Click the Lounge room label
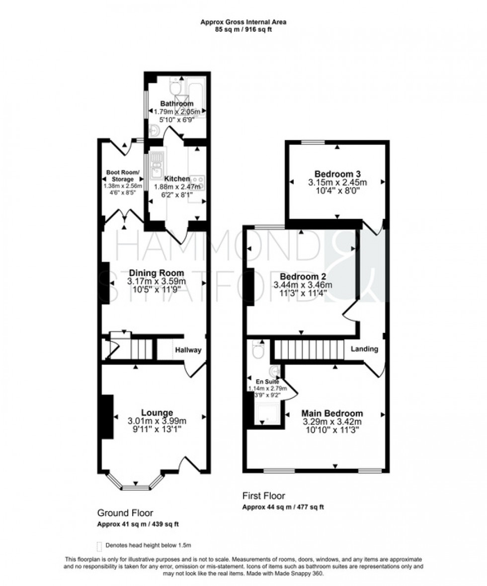[x=157, y=412]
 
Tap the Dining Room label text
[x=157, y=272]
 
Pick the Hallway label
[x=188, y=350]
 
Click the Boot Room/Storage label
[x=122, y=176]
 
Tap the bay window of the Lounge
[x=135, y=484]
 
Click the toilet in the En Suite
[x=258, y=350]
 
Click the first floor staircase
[x=309, y=349]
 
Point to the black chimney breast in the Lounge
[x=106, y=417]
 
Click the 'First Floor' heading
[x=263, y=495]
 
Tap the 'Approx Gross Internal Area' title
[x=243, y=22]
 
